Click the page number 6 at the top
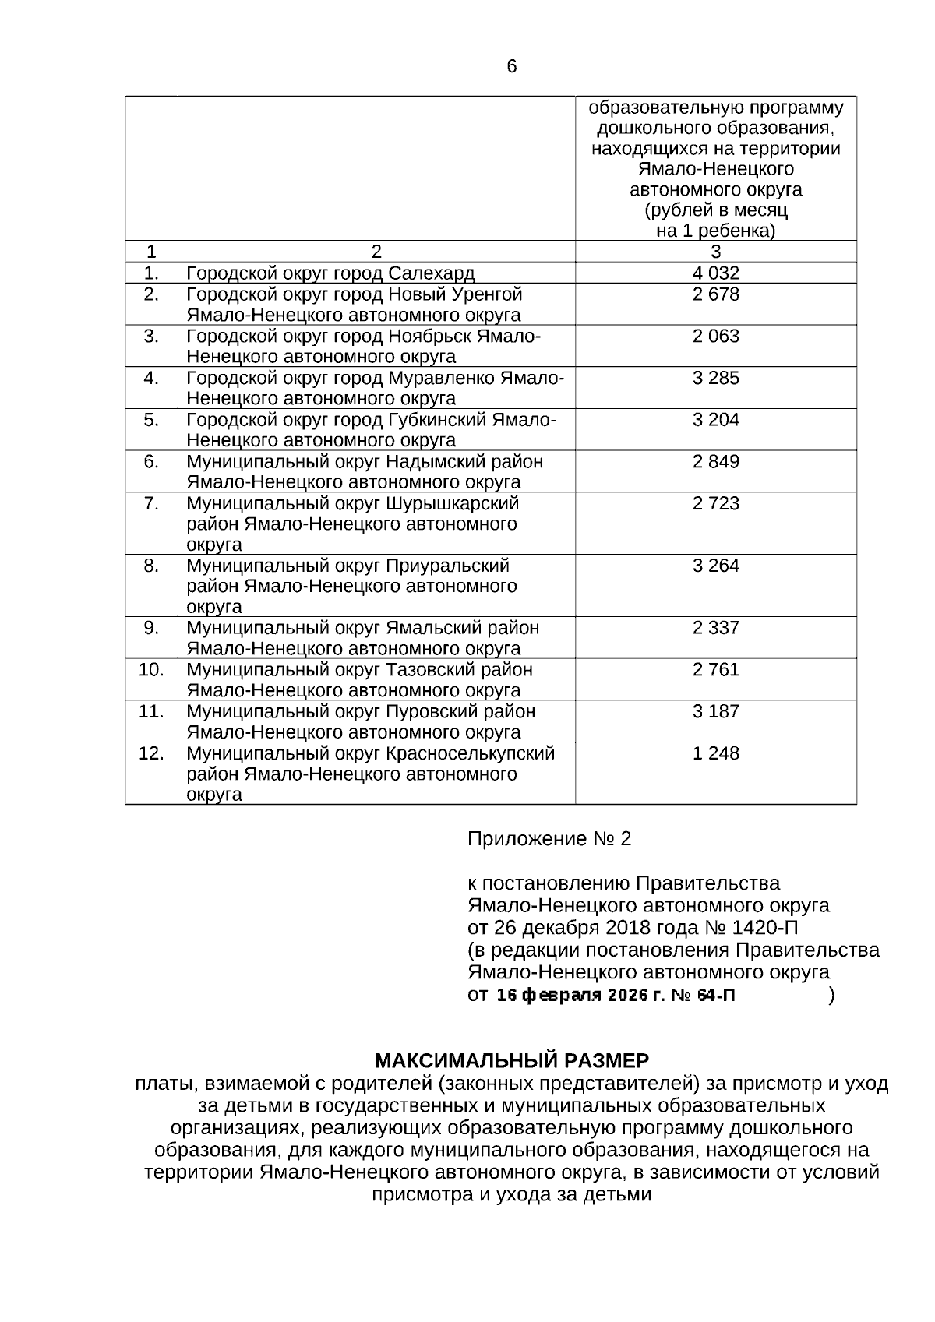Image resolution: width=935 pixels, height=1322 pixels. (511, 67)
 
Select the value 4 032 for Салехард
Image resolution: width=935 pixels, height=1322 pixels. (715, 273)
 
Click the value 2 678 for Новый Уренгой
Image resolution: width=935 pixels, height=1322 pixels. (715, 294)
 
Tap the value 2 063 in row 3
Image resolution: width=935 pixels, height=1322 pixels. (715, 337)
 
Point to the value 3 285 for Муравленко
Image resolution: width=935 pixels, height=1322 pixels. (715, 379)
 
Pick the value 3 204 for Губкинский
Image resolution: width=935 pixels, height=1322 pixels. (715, 420)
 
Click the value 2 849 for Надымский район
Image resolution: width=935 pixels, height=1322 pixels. (715, 462)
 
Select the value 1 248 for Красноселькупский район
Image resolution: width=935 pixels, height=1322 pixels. (715, 753)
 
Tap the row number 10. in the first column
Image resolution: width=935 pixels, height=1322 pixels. (151, 670)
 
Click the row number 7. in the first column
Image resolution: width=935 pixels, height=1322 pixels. (151, 503)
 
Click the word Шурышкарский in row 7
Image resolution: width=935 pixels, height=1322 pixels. (452, 503)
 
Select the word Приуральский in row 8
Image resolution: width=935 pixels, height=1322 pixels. (447, 566)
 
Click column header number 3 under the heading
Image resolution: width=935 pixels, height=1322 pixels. (715, 252)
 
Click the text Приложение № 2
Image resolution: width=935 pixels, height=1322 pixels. (549, 839)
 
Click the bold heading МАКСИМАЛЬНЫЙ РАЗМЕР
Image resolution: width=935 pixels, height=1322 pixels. (511, 1061)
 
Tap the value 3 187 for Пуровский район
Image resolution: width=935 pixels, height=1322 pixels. (715, 712)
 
